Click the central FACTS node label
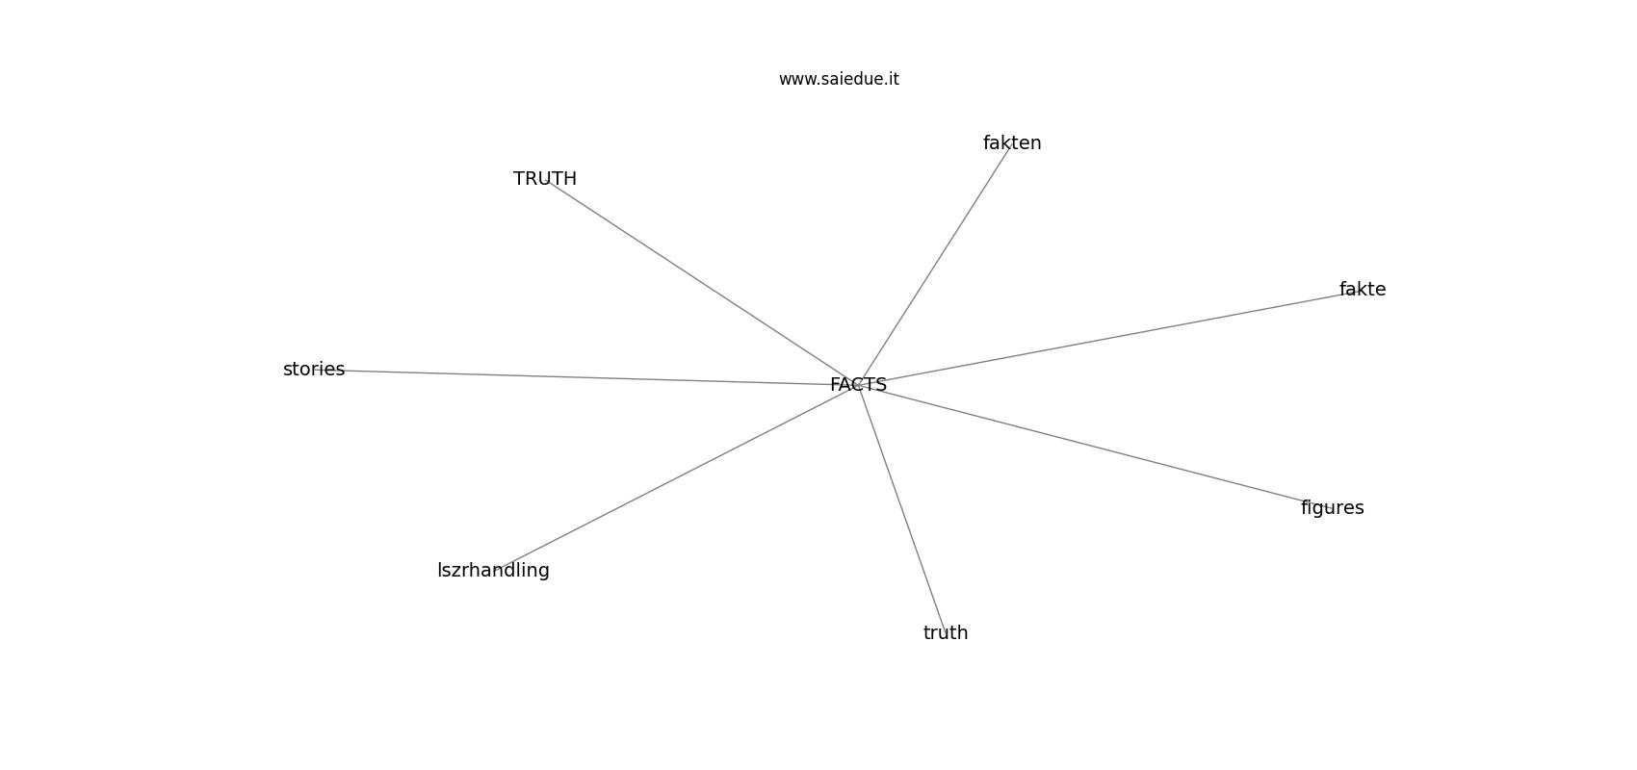[x=858, y=385]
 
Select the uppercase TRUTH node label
[x=544, y=179]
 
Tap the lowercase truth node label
[x=945, y=632]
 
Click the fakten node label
[x=1011, y=143]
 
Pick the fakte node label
[x=1363, y=290]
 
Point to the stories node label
[x=314, y=370]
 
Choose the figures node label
[x=1332, y=508]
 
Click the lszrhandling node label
[x=493, y=571]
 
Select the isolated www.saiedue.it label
[x=839, y=79]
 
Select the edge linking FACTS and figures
[x=1096, y=447]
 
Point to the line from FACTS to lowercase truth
[x=902, y=508]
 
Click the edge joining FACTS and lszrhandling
[x=676, y=477]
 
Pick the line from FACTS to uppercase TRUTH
[x=702, y=282]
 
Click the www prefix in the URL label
[x=795, y=80]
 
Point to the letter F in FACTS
[x=835, y=385]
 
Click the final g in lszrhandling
[x=544, y=573]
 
